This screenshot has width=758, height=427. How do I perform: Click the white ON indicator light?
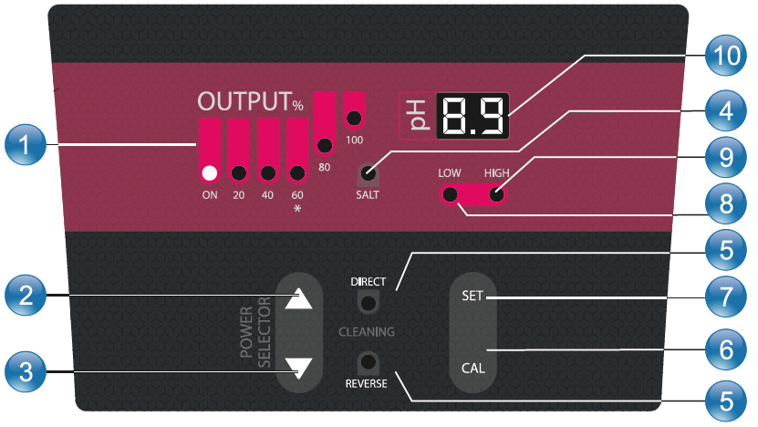tap(209, 172)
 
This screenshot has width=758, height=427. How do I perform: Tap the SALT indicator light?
tap(368, 171)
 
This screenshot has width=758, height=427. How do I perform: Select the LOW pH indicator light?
tap(449, 194)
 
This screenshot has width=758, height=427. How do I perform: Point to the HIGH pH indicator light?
tap(496, 194)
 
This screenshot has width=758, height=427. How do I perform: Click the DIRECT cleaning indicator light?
tap(368, 303)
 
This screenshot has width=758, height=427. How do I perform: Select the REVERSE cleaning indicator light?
tap(368, 359)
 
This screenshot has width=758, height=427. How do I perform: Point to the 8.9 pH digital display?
tap(473, 117)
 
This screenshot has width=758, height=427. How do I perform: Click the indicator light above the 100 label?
tap(353, 118)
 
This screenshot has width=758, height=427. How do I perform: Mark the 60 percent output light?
tap(296, 172)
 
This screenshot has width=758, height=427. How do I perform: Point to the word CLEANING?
tap(368, 331)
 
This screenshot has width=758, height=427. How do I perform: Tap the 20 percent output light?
tap(238, 172)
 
